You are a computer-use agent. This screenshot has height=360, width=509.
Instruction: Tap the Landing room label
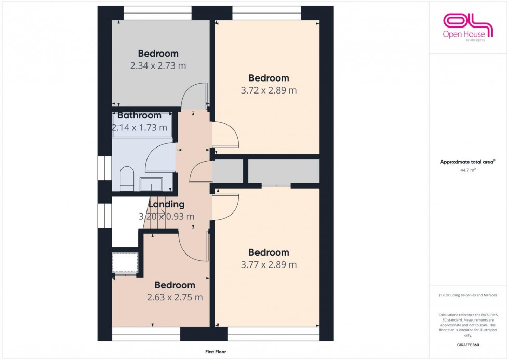pyautogui.click(x=167, y=205)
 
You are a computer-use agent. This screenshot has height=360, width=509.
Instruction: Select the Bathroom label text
pyautogui.click(x=139, y=115)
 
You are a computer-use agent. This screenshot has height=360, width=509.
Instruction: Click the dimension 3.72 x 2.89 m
pyautogui.click(x=269, y=90)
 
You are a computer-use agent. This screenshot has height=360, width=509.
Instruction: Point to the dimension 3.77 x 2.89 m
pyautogui.click(x=269, y=265)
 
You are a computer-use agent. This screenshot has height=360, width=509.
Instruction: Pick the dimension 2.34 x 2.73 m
pyautogui.click(x=158, y=66)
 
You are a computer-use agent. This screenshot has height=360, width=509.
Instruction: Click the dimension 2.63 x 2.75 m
pyautogui.click(x=175, y=298)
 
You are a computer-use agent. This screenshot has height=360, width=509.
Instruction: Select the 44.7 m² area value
pyautogui.click(x=468, y=170)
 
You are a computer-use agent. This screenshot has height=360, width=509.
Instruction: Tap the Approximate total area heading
pyautogui.click(x=467, y=162)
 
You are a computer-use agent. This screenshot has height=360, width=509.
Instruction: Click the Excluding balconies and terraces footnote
pyautogui.click(x=468, y=295)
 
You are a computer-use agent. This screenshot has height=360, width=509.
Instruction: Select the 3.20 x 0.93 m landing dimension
pyautogui.click(x=167, y=217)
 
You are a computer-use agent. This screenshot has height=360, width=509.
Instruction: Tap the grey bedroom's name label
pyautogui.click(x=158, y=54)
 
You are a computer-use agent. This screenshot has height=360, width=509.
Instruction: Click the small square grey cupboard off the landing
pyautogui.click(x=228, y=171)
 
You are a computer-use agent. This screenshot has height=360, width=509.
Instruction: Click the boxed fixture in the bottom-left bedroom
pyautogui.click(x=125, y=263)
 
